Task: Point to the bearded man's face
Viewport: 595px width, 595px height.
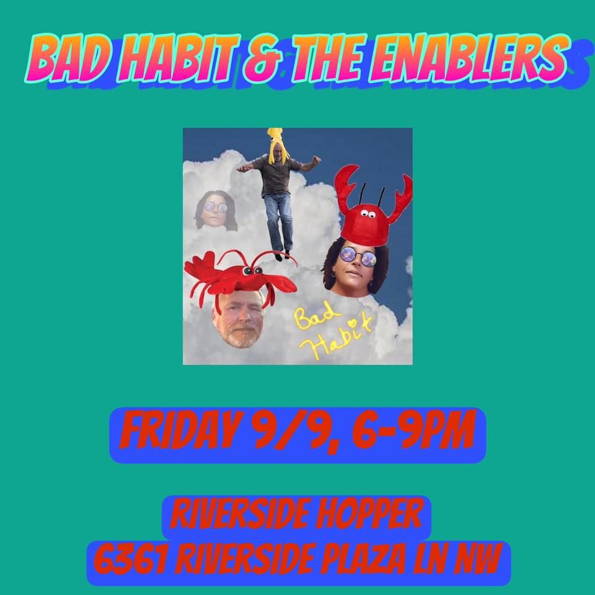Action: click(237, 320)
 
